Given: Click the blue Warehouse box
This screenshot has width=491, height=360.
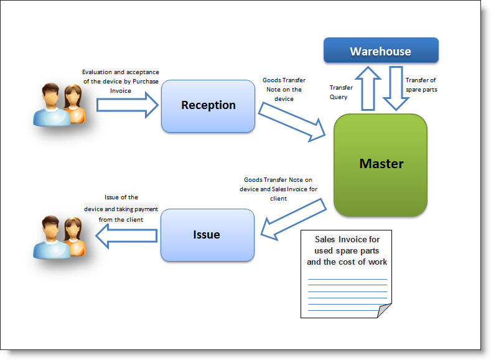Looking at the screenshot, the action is (381, 50).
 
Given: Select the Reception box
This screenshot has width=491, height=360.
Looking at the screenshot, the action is (208, 106).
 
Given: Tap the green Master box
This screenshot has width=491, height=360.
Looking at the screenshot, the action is (380, 165).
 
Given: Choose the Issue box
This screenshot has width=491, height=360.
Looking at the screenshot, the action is (207, 235).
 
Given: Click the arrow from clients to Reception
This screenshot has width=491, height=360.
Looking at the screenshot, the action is (128, 105).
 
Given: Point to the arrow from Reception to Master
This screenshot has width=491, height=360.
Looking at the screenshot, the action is (292, 122).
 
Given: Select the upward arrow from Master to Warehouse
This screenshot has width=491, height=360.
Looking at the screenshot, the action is (368, 88).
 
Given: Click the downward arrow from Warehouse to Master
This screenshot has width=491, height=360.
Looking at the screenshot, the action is (396, 88).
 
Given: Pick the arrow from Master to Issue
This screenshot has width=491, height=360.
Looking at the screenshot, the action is (293, 219).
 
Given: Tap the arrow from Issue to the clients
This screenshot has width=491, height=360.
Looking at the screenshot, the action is (126, 236).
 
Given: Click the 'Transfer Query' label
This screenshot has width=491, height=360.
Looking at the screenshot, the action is (340, 92).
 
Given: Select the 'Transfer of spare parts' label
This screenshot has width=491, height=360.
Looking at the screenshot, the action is (421, 85).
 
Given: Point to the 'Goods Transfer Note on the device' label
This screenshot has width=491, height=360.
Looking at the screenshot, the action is (284, 89).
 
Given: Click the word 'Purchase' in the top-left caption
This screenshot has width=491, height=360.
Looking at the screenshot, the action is (146, 82).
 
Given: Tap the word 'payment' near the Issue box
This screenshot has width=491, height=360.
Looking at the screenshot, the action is (146, 209).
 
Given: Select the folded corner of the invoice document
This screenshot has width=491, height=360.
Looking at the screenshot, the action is (383, 311).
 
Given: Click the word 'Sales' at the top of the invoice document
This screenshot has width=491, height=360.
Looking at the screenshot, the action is (325, 239).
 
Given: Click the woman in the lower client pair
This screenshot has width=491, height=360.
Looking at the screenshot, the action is (75, 237).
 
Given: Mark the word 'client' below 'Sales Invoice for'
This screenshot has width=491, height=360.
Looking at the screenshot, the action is (278, 198).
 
